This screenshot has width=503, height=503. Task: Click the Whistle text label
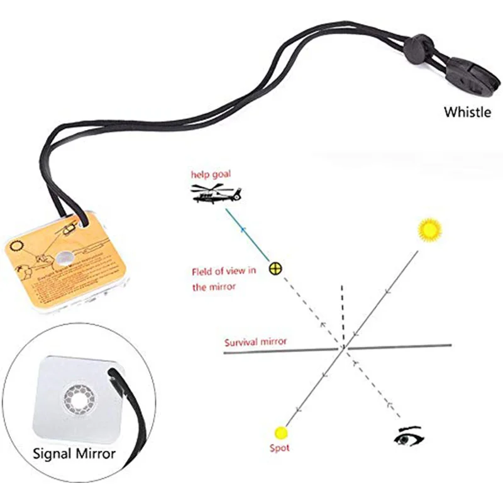point(467,112)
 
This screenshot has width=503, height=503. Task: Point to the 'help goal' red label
point(213,174)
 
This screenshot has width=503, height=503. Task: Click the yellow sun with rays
point(430,229)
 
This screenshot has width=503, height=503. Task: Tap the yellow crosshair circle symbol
point(275,268)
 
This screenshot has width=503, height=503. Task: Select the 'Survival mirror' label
point(255,342)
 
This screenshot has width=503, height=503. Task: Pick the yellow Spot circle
point(280,432)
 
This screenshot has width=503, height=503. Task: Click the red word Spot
point(280,448)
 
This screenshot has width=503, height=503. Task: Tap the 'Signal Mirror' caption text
point(74,452)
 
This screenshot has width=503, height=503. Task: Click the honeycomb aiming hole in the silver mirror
point(78,397)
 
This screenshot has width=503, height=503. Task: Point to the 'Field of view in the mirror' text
point(223,279)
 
